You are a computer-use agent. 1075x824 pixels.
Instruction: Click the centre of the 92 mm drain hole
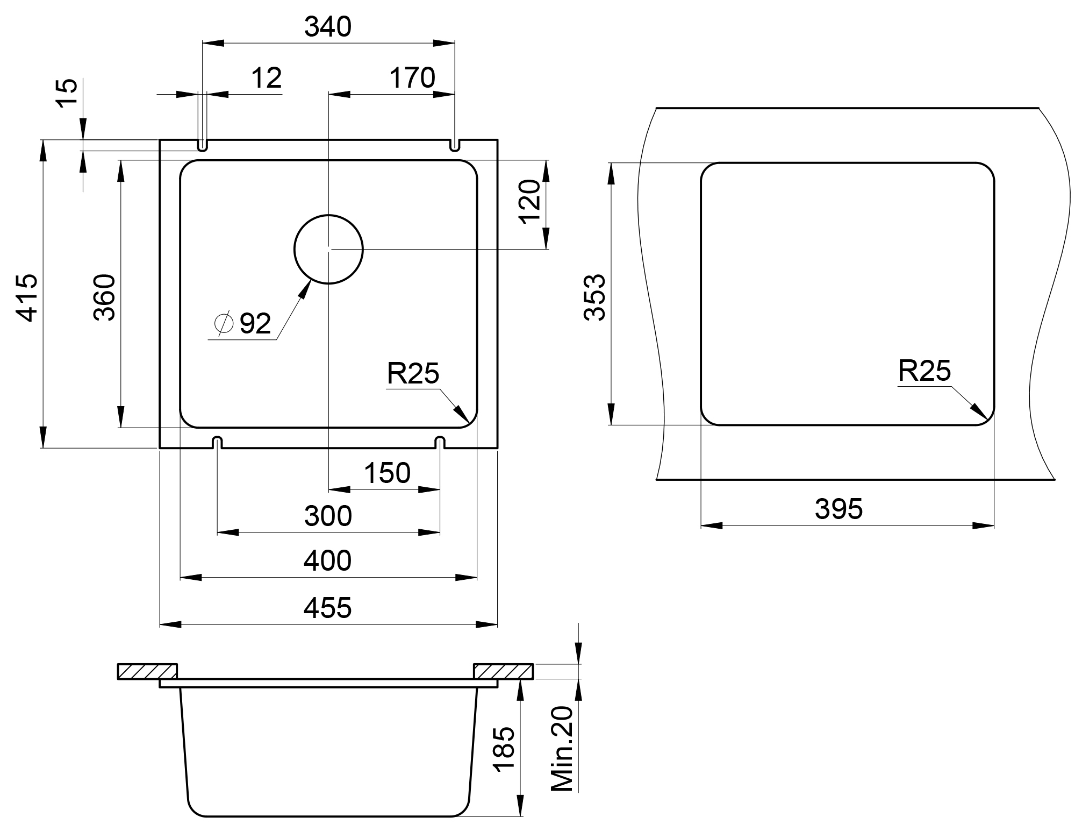point(328,249)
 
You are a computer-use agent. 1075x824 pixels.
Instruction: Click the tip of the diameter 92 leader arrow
point(311,280)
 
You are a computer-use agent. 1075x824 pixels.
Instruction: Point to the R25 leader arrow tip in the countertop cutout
point(987,418)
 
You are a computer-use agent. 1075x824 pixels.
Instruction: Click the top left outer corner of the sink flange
point(160,140)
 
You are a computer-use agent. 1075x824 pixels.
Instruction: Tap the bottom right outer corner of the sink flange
point(498,447)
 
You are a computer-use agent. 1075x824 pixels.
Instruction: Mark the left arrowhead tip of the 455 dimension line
point(160,625)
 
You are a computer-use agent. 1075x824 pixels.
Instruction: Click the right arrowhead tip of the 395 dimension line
point(994,525)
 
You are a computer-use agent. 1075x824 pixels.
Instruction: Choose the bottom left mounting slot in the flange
point(217,442)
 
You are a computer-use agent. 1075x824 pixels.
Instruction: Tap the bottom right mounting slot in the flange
point(440,442)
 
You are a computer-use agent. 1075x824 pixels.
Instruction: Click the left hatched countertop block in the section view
point(147,672)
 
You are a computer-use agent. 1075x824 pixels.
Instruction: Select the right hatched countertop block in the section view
point(504,672)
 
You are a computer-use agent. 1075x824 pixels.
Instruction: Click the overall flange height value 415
point(27,297)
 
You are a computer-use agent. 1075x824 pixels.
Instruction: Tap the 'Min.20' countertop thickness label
point(563,749)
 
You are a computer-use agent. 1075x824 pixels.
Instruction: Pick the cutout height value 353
point(595,297)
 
